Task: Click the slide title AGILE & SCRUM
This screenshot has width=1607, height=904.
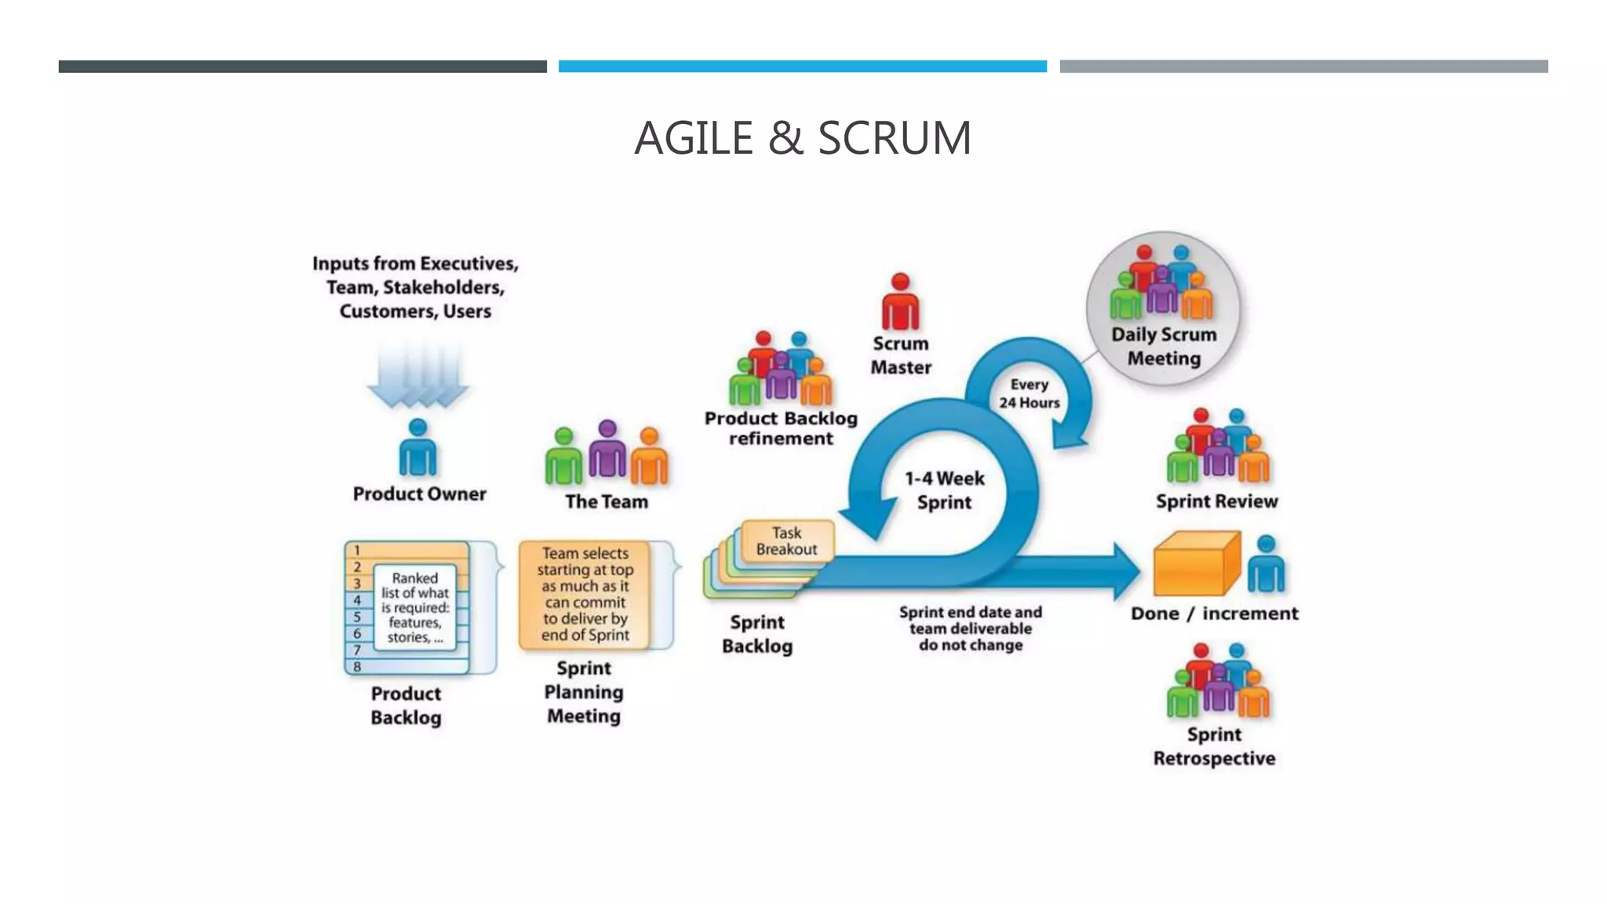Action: [803, 137]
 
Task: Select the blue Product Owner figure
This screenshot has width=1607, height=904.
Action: [417, 449]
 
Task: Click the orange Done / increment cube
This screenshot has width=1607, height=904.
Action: [1194, 565]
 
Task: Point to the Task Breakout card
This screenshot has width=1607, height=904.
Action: [786, 541]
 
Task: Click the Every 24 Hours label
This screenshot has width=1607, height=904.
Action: [1029, 393]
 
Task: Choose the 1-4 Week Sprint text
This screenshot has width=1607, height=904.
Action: [944, 490]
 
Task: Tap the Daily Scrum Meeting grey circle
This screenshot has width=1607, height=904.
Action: [1164, 308]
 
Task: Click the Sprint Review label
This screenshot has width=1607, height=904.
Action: [1216, 501]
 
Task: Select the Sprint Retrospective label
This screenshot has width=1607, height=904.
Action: [1214, 746]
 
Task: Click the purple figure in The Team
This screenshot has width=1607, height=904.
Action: [607, 450]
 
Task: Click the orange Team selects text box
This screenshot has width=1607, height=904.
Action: [585, 595]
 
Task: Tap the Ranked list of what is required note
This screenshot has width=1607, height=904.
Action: [414, 607]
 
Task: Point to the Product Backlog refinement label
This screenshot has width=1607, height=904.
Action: [781, 428]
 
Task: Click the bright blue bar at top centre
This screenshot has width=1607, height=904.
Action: [802, 67]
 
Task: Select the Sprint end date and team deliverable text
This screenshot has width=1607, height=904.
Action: [971, 629]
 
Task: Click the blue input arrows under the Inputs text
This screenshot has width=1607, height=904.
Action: [417, 376]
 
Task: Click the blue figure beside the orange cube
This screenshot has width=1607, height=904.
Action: [1265, 565]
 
